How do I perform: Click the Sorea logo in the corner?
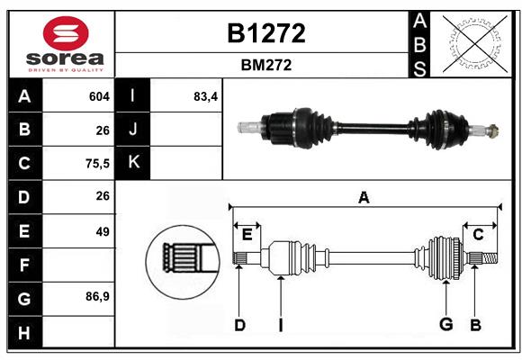pos(61,43)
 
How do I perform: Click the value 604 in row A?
pos(99,96)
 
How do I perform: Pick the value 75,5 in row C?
pos(95,164)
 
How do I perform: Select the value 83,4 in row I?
pos(206,96)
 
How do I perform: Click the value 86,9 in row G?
pos(95,296)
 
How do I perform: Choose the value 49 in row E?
pos(102,231)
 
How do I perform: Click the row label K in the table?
pos(134,163)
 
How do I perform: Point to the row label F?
pos(24,265)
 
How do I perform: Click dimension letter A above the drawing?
pos(364,198)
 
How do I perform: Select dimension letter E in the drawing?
pos(246,234)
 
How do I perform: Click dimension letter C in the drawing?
pos(479,234)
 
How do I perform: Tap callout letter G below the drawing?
pos(445,325)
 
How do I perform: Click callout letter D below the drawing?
pos(239,325)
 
